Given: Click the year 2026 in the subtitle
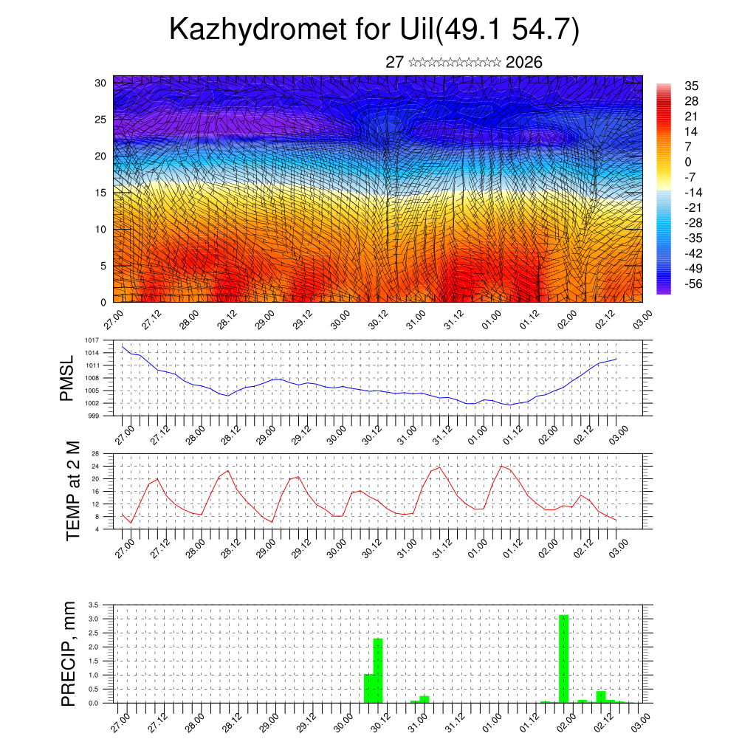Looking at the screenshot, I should [524, 63].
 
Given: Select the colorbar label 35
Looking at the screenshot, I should [692, 86].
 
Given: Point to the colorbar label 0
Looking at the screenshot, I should [688, 162].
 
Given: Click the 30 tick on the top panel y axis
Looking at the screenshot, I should [100, 83].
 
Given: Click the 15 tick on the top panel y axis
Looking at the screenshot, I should [100, 193].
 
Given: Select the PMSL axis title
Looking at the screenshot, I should [68, 378].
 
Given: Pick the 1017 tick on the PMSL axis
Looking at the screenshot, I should [92, 340].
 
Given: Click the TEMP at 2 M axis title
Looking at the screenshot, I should [72, 491].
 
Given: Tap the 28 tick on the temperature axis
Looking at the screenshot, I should [95, 453].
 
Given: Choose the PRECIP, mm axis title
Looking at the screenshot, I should [69, 653].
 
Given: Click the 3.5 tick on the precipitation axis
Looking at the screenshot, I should [94, 605].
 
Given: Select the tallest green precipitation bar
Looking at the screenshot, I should [563, 659].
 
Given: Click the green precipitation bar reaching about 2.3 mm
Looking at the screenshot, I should [378, 670].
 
